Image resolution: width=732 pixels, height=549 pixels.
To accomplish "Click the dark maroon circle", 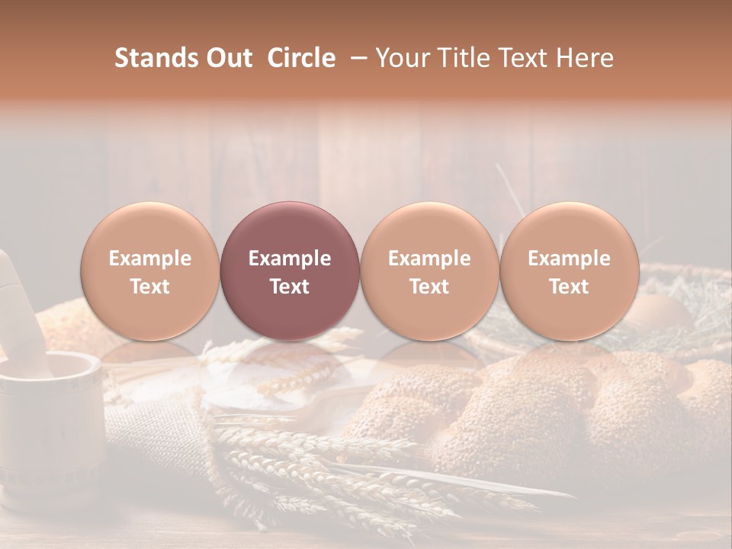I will pos(290,271).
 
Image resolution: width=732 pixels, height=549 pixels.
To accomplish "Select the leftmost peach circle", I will pos(150,271).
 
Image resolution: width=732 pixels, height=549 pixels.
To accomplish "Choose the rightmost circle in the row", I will pos(569,271).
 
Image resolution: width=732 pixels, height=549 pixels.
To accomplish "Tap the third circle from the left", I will pos(429,271).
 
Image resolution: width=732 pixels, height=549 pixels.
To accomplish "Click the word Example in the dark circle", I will pos(290,258).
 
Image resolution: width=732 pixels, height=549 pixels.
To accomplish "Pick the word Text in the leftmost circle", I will pos(150,287).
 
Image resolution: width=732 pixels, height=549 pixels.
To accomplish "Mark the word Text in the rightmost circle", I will pos(569,287).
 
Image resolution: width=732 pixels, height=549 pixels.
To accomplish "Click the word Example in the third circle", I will pos(429,258).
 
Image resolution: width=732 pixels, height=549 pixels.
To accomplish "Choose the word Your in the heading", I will pos(401,58).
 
